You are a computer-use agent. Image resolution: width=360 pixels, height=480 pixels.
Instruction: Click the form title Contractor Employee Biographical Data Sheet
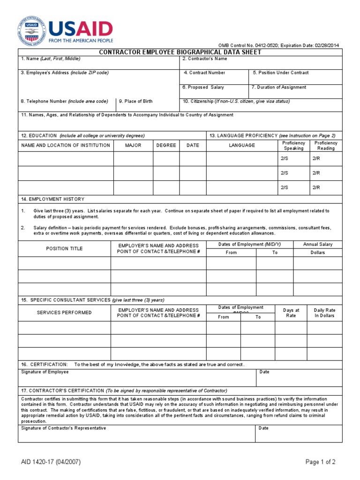[180, 52]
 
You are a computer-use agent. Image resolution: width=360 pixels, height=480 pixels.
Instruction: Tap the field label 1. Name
[50, 59]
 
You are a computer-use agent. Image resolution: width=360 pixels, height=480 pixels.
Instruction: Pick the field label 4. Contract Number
[204, 73]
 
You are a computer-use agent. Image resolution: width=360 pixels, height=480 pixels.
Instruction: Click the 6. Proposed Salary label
[203, 87]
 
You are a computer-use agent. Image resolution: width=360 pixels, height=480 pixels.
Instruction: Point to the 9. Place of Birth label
[135, 101]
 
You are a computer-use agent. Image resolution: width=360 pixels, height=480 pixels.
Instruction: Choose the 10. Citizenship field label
[236, 101]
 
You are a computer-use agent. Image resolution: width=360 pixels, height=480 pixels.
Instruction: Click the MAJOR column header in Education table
[133, 145]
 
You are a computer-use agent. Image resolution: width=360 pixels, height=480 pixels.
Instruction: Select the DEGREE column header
[166, 145]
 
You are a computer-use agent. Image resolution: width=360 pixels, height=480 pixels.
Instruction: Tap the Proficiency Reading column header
[326, 145]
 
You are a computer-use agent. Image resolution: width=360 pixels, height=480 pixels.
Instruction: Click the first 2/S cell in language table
[285, 159]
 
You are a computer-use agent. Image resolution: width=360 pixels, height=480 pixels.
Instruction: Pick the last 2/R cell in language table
[316, 187]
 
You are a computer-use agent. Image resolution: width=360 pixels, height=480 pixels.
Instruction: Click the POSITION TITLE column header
[64, 248]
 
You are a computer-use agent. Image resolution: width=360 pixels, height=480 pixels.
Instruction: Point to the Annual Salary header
[318, 244]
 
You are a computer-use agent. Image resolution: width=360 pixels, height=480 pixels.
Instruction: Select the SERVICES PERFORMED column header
[64, 313]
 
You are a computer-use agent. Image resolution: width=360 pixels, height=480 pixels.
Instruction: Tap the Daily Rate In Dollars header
[324, 313]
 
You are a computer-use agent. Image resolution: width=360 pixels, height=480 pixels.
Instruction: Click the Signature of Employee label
[45, 372]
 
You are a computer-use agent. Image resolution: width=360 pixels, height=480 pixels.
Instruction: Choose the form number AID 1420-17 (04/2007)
[50, 462]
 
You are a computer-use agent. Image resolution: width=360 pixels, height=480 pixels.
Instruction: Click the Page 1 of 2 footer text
[320, 462]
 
